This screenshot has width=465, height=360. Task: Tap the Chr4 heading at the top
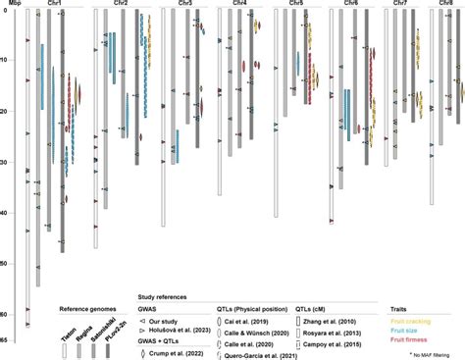click(x=238, y=5)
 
